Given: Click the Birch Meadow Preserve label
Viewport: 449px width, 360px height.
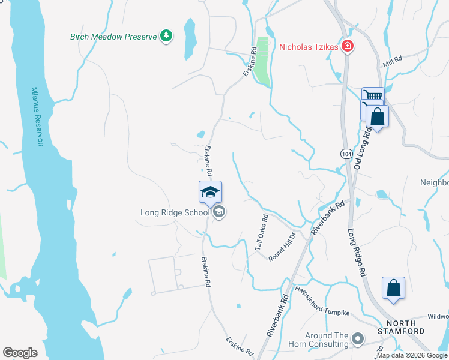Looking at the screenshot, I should click(113, 37).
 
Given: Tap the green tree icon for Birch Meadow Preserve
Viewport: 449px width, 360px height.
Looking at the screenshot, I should click(166, 36).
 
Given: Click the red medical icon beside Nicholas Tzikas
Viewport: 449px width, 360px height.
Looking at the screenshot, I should click(347, 46).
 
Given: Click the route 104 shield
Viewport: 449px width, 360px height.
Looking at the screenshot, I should click(346, 154).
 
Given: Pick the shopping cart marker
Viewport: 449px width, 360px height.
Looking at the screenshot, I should click(373, 97).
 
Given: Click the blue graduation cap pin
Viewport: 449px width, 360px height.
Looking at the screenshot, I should click(210, 193).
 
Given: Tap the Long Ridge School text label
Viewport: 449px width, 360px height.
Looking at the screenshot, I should click(175, 212).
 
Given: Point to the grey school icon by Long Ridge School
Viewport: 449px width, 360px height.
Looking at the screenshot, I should click(219, 212).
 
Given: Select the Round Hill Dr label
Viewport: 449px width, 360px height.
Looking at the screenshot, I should click(283, 246).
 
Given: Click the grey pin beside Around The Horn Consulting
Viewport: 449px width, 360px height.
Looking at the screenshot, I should click(358, 340).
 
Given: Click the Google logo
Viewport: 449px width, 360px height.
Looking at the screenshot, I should click(20, 352).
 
